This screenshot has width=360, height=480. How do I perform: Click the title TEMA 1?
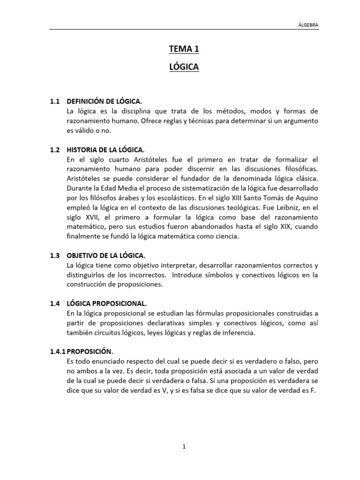click(x=184, y=49)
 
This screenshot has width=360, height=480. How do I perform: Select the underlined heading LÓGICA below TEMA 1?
click(x=184, y=67)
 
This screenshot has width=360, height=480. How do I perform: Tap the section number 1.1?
click(x=55, y=102)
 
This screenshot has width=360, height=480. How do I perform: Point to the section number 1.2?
click(x=55, y=150)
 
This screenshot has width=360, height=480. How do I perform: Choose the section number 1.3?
click(x=55, y=255)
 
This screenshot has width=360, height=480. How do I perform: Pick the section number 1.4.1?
click(x=58, y=351)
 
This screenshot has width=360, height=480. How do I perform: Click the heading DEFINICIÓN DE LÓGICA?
click(x=104, y=102)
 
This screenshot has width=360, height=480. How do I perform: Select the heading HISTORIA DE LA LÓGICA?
click(x=106, y=150)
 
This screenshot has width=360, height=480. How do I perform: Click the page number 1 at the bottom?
click(x=184, y=447)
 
